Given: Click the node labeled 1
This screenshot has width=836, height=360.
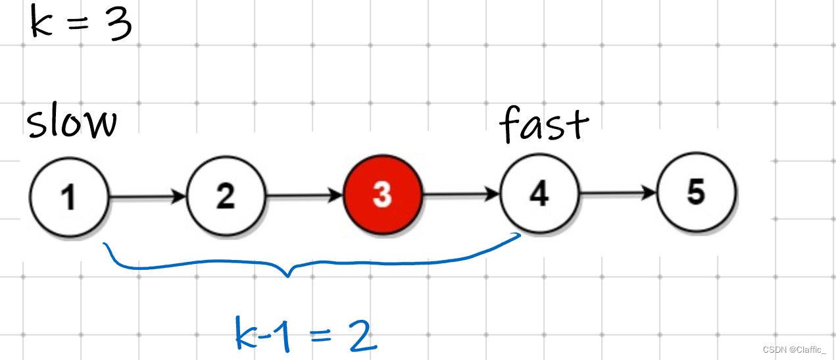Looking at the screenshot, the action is coord(68,195).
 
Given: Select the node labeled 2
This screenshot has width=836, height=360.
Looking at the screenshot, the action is coord(226,195).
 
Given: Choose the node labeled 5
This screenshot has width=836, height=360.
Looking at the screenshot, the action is coord(697,193).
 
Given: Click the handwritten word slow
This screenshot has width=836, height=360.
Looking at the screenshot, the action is coord(72,124).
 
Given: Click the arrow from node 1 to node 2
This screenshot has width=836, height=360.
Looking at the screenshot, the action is coord(147,195).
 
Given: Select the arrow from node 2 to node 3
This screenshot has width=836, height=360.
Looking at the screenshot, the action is coord(304,195).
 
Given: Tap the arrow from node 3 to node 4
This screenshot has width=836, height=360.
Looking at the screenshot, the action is coord(461,194).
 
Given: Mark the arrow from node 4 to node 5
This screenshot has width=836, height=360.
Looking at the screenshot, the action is coord(618,193).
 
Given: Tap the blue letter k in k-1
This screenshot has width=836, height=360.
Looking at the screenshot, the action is coord(247,334).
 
